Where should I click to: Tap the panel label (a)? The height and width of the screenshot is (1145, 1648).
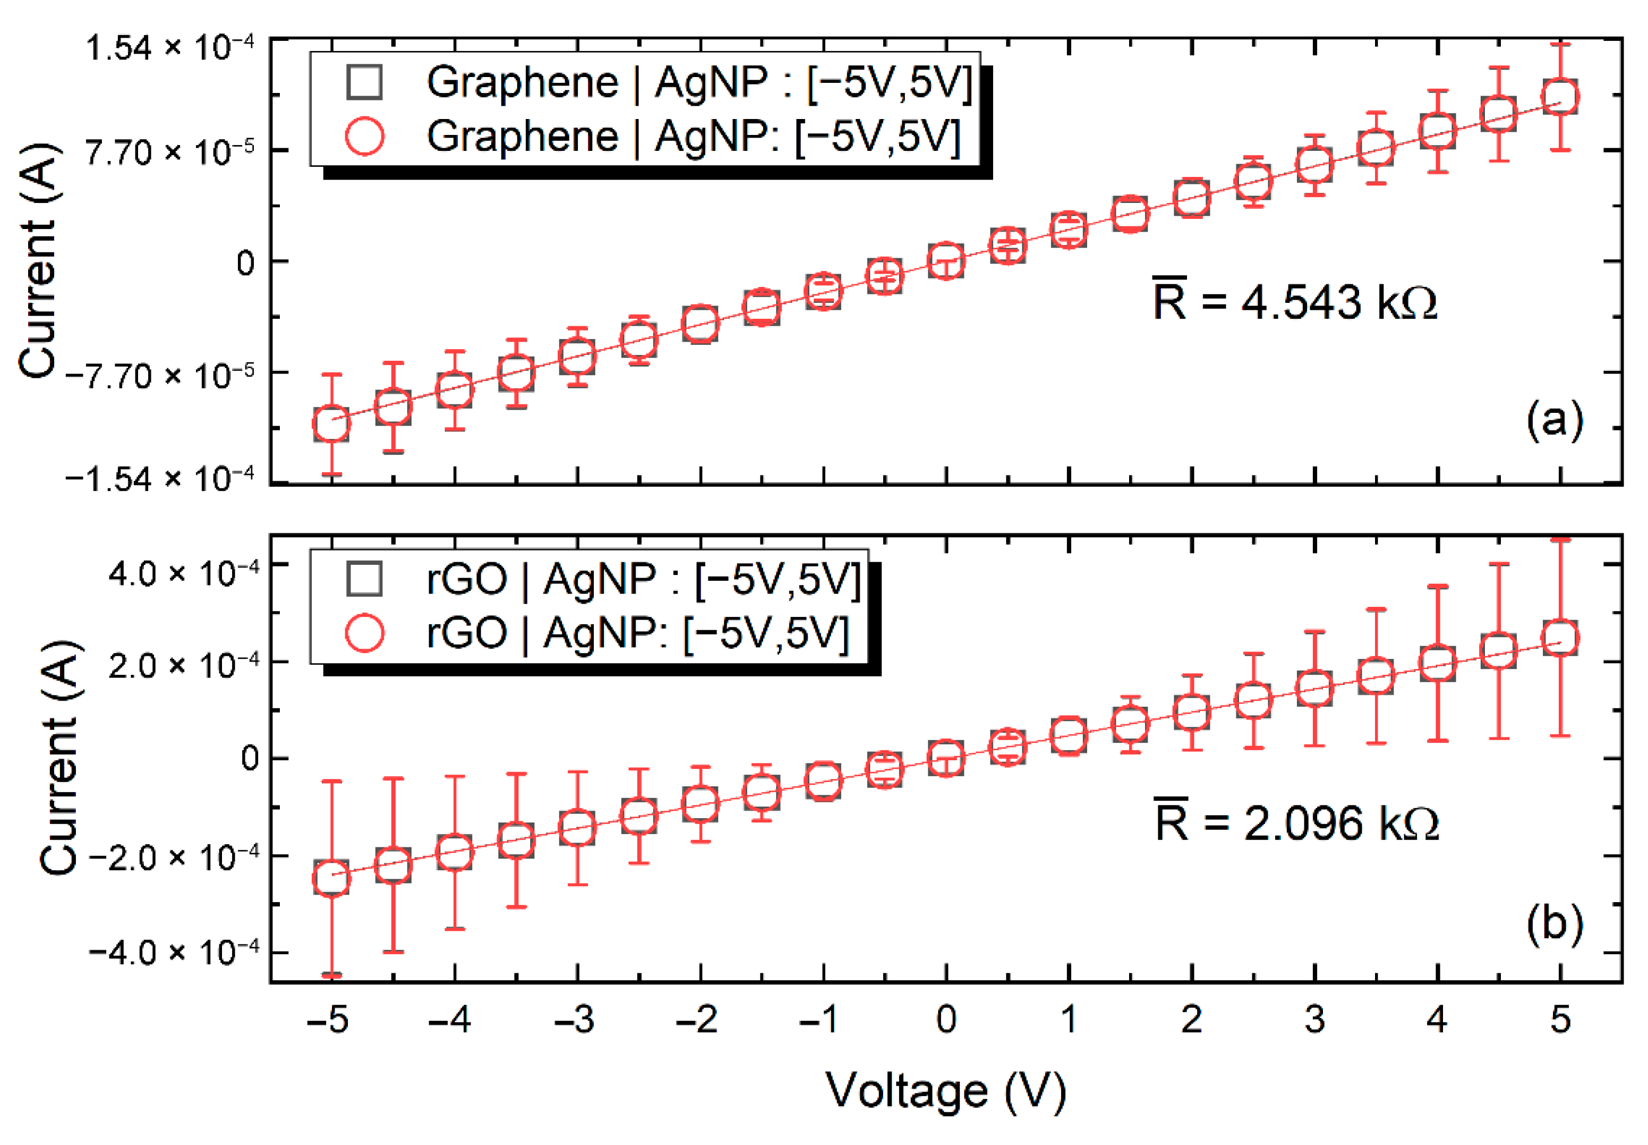(1553, 420)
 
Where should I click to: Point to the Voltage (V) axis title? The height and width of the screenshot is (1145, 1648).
(945, 1090)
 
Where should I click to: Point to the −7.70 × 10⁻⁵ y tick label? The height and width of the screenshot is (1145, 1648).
(159, 375)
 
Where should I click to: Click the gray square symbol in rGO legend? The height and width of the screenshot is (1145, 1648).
(364, 578)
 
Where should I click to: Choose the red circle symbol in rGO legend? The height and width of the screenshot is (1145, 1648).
(364, 633)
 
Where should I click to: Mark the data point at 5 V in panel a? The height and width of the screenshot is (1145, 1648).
(1560, 97)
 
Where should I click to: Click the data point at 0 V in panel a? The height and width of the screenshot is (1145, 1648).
(946, 260)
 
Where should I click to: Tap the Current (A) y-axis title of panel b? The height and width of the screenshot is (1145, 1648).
(59, 757)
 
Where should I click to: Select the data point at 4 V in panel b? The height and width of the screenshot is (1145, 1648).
(1437, 664)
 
